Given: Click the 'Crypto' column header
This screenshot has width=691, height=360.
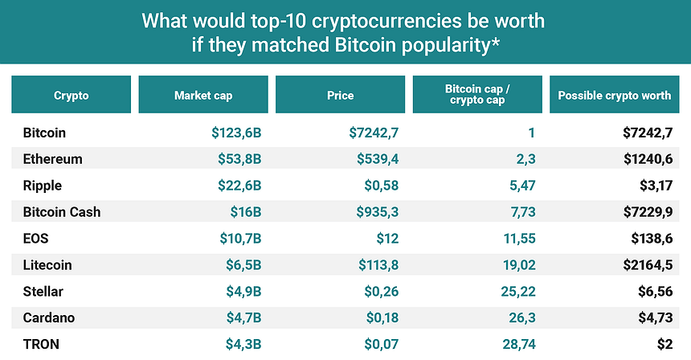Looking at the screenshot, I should tap(72, 95).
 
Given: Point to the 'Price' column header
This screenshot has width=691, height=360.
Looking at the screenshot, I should tap(340, 95).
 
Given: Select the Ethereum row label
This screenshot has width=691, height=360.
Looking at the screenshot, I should tap(53, 159).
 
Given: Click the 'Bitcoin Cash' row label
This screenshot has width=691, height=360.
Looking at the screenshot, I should tap(62, 212).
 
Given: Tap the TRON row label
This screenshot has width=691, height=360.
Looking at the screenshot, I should tap(41, 344).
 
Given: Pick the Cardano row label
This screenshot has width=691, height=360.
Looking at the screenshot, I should tap(49, 317).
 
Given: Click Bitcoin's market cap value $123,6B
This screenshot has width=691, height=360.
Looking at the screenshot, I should tap(231, 133).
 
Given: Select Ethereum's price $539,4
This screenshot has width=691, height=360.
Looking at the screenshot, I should tap(378, 159).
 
